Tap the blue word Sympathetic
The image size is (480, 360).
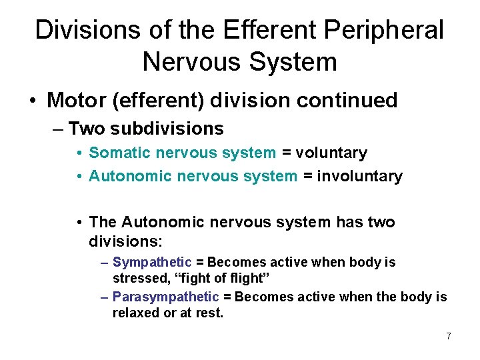[x=152, y=262]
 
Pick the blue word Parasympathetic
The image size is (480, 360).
[x=165, y=296]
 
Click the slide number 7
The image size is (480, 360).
[x=448, y=336]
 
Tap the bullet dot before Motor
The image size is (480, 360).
[x=32, y=101]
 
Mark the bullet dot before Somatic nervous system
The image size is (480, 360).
[x=79, y=153]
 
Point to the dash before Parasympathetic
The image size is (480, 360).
[x=105, y=297]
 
